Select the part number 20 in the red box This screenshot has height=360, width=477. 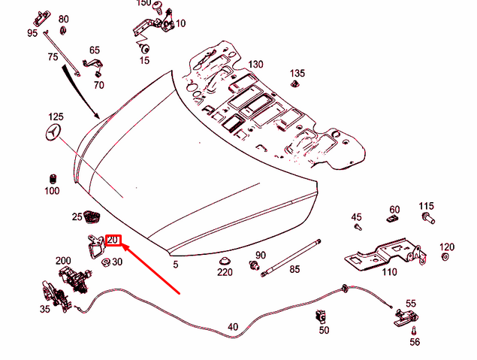point(113,241)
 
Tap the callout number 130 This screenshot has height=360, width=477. point(255,65)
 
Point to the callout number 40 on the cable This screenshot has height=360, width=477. point(233,327)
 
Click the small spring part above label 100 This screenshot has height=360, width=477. point(53,179)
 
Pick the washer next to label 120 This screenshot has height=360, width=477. point(445,258)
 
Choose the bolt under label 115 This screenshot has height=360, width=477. point(427,219)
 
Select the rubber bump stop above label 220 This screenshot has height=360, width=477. point(224,260)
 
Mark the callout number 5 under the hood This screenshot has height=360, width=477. point(175,265)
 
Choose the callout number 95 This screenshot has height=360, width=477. point(32,33)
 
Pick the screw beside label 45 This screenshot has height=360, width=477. point(358,225)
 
